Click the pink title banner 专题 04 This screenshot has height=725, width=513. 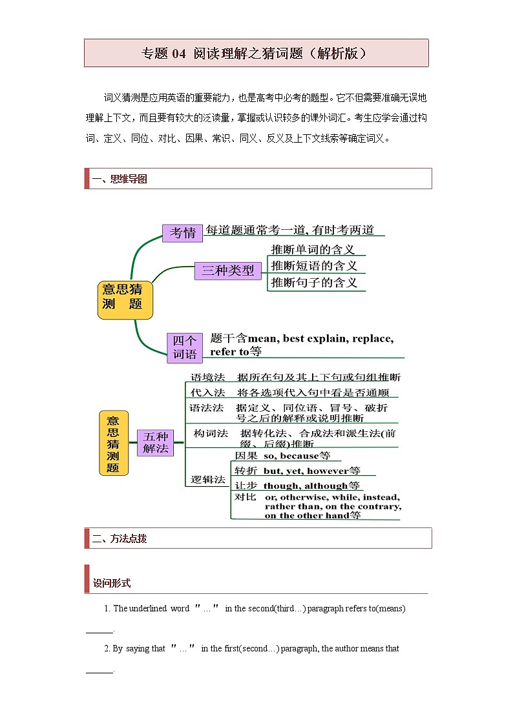tap(256, 53)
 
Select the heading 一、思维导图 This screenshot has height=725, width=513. tap(120, 179)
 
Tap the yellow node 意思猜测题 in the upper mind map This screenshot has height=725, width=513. tap(125, 300)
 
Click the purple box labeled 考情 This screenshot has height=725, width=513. tap(182, 232)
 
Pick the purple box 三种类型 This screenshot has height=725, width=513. tap(227, 271)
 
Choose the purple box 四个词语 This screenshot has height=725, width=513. tap(184, 347)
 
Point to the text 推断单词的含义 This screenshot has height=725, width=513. tap(313, 249)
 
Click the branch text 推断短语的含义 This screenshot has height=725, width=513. tap(314, 266)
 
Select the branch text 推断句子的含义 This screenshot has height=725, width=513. tap(314, 283)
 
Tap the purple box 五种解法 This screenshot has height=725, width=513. tap(155, 442)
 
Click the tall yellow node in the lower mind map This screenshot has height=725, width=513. tap(113, 443)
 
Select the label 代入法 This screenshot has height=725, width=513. tap(207, 393)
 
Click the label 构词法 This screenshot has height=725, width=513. tap(211, 433)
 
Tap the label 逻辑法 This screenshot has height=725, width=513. tap(208, 480)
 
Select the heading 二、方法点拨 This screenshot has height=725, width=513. tap(120, 538)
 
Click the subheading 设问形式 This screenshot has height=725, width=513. tap(112, 583)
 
